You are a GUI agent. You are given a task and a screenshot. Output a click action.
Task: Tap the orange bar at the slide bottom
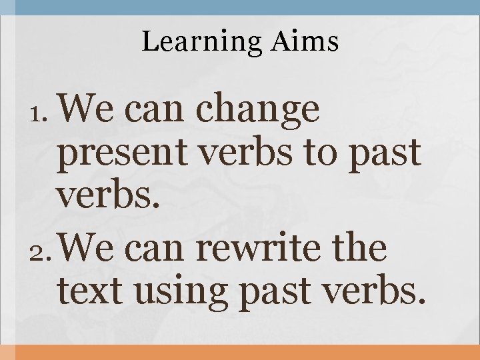[x=240, y=353]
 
